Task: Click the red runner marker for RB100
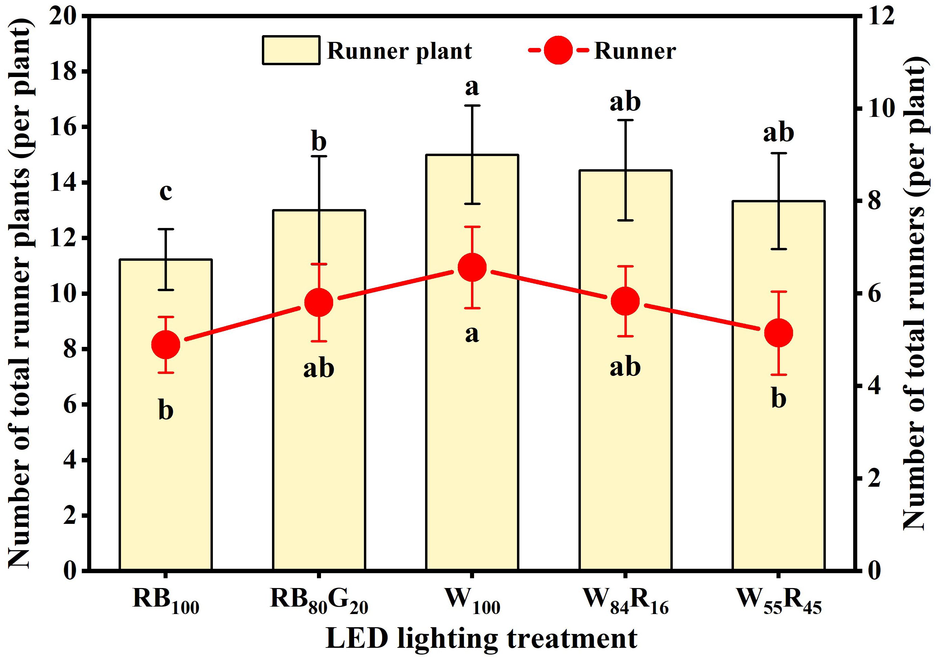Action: coord(166,345)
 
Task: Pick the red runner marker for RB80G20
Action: coord(319,303)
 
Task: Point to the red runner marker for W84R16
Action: coord(625,301)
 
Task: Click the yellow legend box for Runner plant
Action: coord(291,50)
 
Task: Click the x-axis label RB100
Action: coord(166,602)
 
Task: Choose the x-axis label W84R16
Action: coord(625,602)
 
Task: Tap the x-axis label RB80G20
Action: coord(319,602)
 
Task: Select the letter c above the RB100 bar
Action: coord(166,192)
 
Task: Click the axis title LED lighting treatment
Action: coord(481,639)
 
